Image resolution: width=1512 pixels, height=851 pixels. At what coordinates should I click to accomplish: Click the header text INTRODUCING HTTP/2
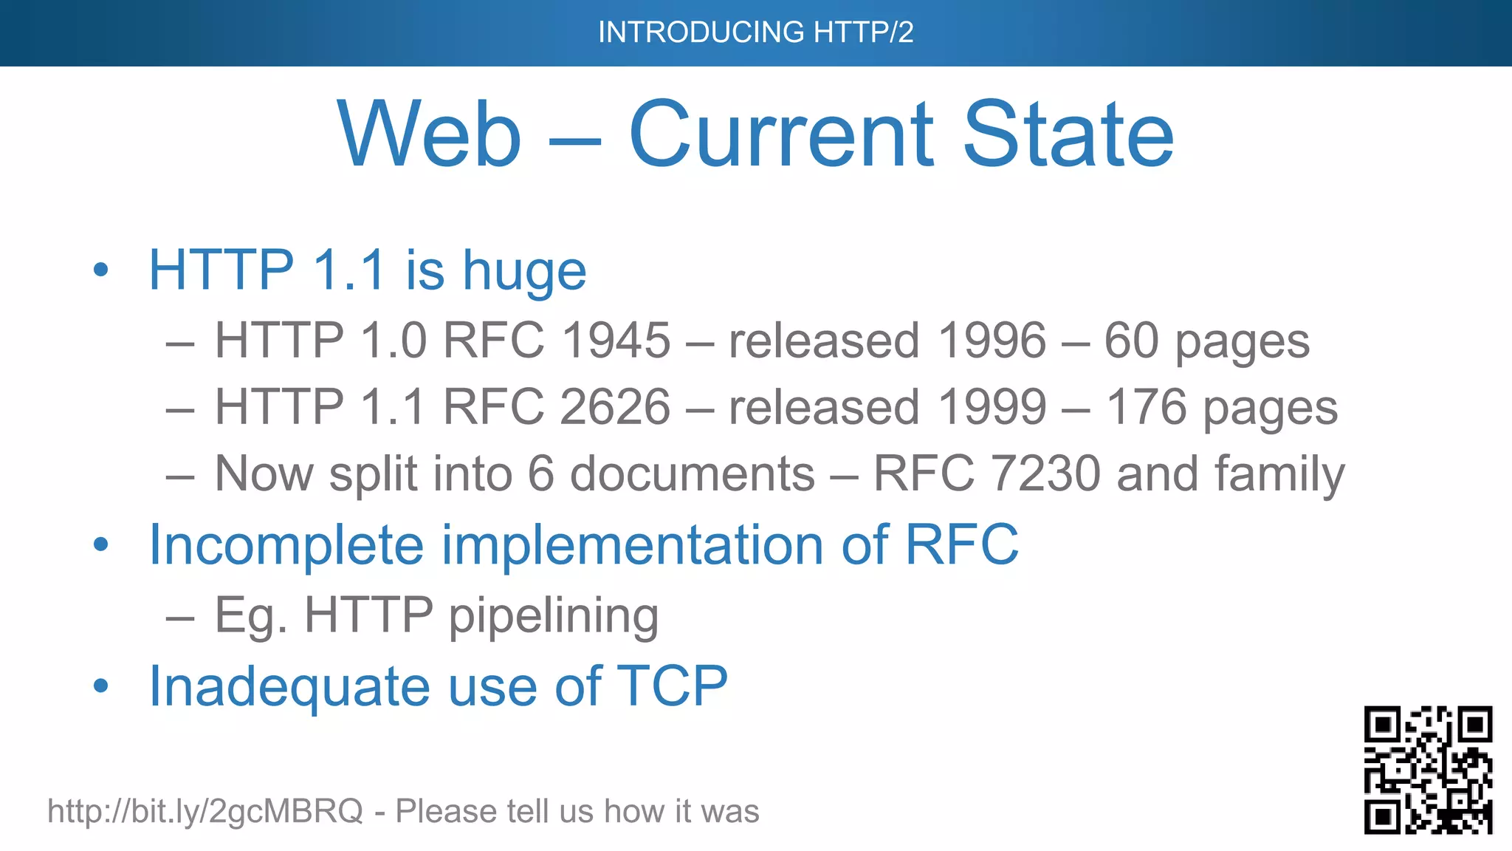click(x=755, y=33)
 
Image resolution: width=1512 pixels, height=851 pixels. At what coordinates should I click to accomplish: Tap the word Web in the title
click(x=430, y=135)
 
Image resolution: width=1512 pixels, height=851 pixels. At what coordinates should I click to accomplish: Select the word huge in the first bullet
click(x=524, y=271)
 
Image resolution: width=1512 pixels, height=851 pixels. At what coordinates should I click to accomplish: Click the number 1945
click(x=616, y=341)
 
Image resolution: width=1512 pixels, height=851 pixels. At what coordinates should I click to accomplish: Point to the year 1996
click(x=992, y=341)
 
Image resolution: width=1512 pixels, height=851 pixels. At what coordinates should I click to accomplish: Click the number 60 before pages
click(x=1131, y=341)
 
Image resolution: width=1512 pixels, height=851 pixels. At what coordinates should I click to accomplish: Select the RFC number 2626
click(x=616, y=408)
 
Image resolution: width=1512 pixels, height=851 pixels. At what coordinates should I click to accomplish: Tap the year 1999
click(x=992, y=408)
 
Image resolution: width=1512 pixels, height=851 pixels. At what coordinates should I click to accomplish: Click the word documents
click(x=693, y=474)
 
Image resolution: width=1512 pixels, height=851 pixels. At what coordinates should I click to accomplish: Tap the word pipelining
click(x=554, y=616)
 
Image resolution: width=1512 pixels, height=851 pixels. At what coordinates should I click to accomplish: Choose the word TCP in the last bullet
click(x=671, y=686)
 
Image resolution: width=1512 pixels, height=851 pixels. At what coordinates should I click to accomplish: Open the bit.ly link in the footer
click(x=205, y=811)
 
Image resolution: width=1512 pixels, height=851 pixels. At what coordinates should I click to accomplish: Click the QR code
click(x=1428, y=770)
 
